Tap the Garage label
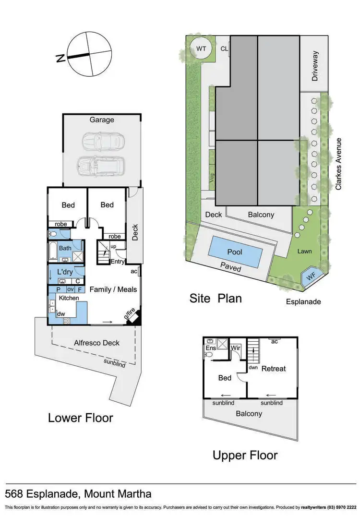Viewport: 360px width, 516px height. click(102, 120)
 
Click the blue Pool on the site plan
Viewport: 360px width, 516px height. click(235, 252)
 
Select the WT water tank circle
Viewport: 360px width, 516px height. click(201, 48)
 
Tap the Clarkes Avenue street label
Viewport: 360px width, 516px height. click(338, 164)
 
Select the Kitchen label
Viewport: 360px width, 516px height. click(69, 298)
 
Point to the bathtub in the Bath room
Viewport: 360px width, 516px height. click(54, 251)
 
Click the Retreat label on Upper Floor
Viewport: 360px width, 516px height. click(274, 369)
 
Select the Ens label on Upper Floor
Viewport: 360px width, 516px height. click(211, 348)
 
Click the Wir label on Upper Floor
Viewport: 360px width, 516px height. click(236, 348)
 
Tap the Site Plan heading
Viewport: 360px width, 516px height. click(216, 298)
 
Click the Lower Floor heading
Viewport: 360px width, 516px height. click(80, 418)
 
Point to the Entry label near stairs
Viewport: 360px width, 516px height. click(118, 262)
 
